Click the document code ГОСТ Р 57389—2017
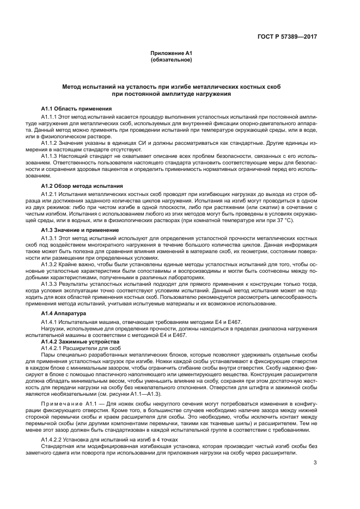pyautogui.click(x=287, y=37)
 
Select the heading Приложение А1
pyautogui.click(x=171, y=53)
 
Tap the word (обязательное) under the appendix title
pyautogui.click(x=171, y=59)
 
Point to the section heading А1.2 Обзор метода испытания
pyautogui.click(x=82, y=186)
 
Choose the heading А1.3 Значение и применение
pyautogui.click(x=80, y=230)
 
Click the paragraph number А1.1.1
pyautogui.click(x=50, y=116)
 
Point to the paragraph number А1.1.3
pyautogui.click(x=50, y=156)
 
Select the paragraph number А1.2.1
pyautogui.click(x=50, y=194)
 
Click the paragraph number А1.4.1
pyautogui.click(x=50, y=322)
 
